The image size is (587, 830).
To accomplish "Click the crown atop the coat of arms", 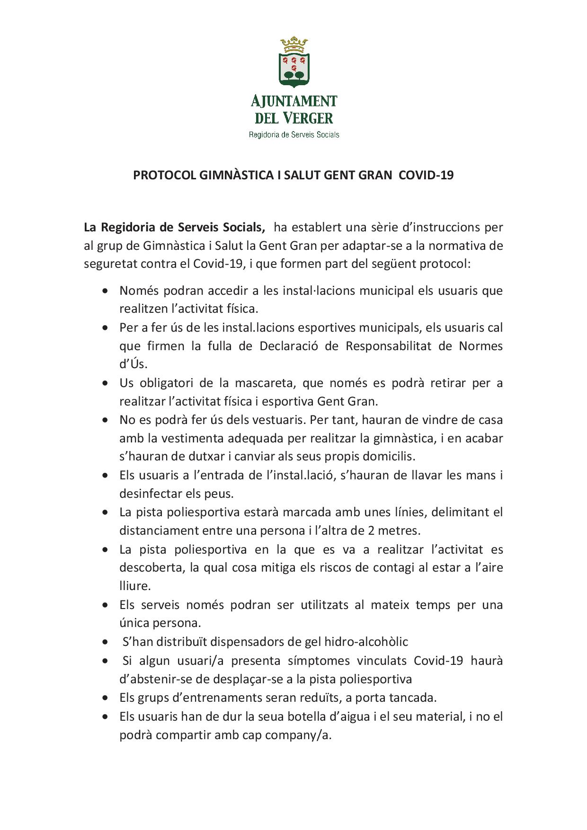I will [x=293, y=45].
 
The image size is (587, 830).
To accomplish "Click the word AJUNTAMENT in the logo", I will [x=293, y=101].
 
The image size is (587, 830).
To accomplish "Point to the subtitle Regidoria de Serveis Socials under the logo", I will [x=294, y=135].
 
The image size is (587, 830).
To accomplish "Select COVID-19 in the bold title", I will [x=426, y=176].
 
